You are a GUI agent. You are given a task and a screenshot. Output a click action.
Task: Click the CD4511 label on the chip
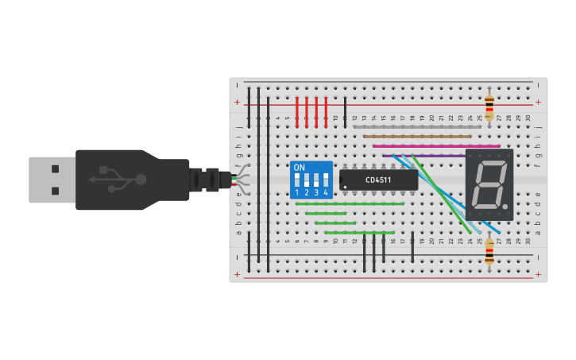(378, 180)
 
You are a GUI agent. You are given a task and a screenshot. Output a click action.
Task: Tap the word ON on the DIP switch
(299, 168)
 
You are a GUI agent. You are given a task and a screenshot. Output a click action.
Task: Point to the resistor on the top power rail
(489, 104)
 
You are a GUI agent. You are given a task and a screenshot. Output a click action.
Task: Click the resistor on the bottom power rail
(489, 254)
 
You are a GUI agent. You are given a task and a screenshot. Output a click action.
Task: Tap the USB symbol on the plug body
(118, 180)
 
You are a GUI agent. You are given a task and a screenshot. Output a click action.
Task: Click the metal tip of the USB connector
(52, 180)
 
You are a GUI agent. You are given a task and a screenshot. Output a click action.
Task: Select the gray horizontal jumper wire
(417, 126)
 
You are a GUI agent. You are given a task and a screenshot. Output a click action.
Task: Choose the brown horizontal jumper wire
(417, 136)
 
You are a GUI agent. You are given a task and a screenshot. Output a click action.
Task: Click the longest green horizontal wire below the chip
(350, 203)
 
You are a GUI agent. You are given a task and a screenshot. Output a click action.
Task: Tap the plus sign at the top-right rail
(538, 103)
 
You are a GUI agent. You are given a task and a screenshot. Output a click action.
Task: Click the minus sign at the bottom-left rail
(237, 257)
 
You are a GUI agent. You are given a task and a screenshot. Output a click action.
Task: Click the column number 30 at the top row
(528, 118)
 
